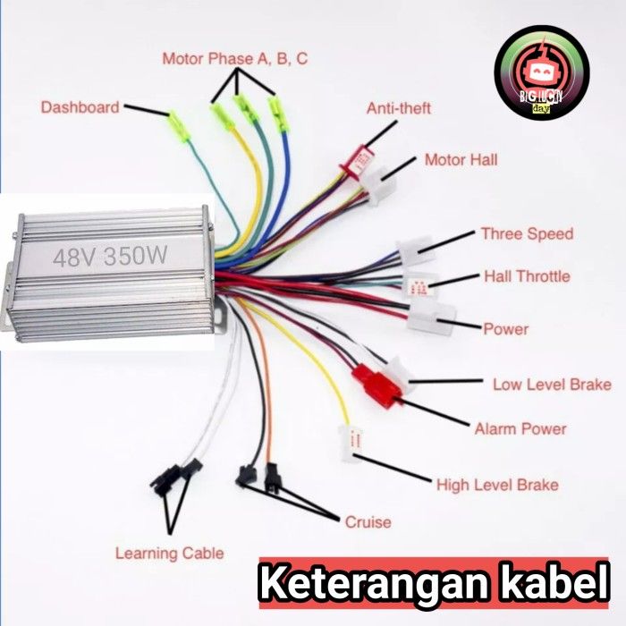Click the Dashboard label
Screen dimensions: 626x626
[x=80, y=107]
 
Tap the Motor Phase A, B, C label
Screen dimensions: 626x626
[x=235, y=59]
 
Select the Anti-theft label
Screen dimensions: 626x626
[x=399, y=108]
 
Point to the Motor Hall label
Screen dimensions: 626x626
[x=461, y=160]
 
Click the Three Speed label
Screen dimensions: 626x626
[x=527, y=234]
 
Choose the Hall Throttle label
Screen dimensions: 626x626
[x=527, y=276]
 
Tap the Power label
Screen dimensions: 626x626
[x=505, y=329]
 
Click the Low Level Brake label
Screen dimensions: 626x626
[x=552, y=385]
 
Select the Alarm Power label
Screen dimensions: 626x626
[x=520, y=428]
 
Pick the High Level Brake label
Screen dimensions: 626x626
[x=497, y=485]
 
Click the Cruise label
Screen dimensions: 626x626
[x=368, y=521]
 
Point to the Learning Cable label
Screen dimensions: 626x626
[x=169, y=553]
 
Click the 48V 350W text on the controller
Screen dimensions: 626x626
[x=109, y=258]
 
